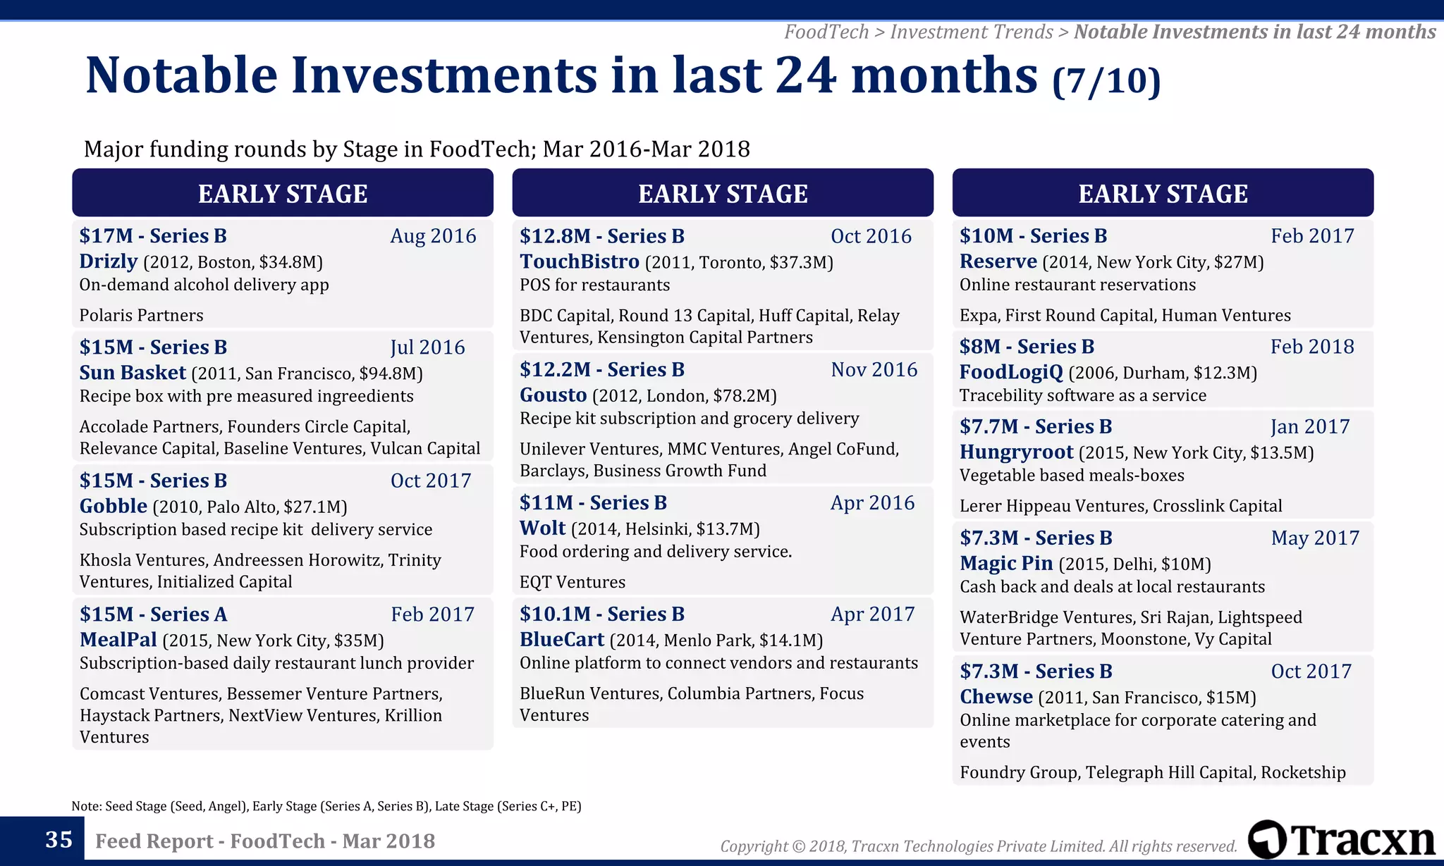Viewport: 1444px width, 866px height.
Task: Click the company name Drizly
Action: point(108,261)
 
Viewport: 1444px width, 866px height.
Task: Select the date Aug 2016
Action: point(433,236)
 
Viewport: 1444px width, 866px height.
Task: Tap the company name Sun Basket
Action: point(133,373)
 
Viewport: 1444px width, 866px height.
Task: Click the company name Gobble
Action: point(113,506)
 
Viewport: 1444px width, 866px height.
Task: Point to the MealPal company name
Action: point(118,640)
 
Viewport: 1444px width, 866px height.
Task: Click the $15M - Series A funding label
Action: point(153,614)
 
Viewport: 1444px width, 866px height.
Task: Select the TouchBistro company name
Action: point(579,261)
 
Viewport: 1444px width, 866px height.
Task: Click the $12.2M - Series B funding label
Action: point(601,370)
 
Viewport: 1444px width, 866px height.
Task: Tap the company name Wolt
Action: point(542,528)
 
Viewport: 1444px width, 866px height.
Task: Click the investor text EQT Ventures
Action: point(572,582)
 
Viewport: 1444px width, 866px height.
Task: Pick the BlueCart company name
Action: point(561,640)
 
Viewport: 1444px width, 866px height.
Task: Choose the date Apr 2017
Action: point(872,614)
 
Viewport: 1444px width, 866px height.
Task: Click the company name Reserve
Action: point(998,261)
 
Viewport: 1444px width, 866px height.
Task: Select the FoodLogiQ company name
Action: point(1010,372)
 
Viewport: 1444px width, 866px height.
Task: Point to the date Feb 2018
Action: point(1311,347)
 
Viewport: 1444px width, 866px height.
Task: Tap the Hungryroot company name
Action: point(1016,452)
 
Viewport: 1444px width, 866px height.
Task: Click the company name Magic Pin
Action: point(1005,564)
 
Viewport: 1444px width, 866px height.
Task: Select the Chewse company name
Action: point(996,697)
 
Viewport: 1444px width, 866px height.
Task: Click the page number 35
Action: point(59,840)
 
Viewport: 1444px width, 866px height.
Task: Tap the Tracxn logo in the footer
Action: point(1341,840)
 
